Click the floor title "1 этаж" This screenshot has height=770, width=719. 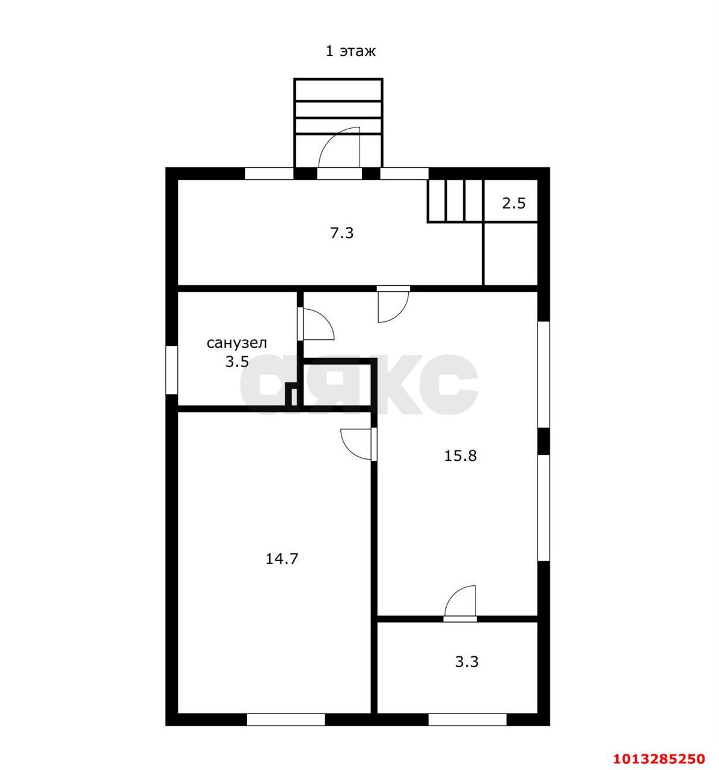tap(350, 51)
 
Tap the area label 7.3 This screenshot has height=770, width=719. tap(342, 233)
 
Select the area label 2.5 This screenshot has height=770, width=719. tap(513, 203)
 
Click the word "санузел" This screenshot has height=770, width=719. tap(237, 343)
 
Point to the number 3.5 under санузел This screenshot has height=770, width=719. tap(237, 362)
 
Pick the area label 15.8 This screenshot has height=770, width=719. tap(460, 455)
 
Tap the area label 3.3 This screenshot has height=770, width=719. tap(467, 662)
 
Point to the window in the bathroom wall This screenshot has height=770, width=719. tap(172, 370)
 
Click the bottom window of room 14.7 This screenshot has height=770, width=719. tap(286, 719)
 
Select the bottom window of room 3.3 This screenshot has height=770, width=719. tap(468, 719)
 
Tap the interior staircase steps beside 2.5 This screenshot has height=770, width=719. tap(456, 200)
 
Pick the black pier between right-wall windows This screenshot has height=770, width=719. tap(544, 441)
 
